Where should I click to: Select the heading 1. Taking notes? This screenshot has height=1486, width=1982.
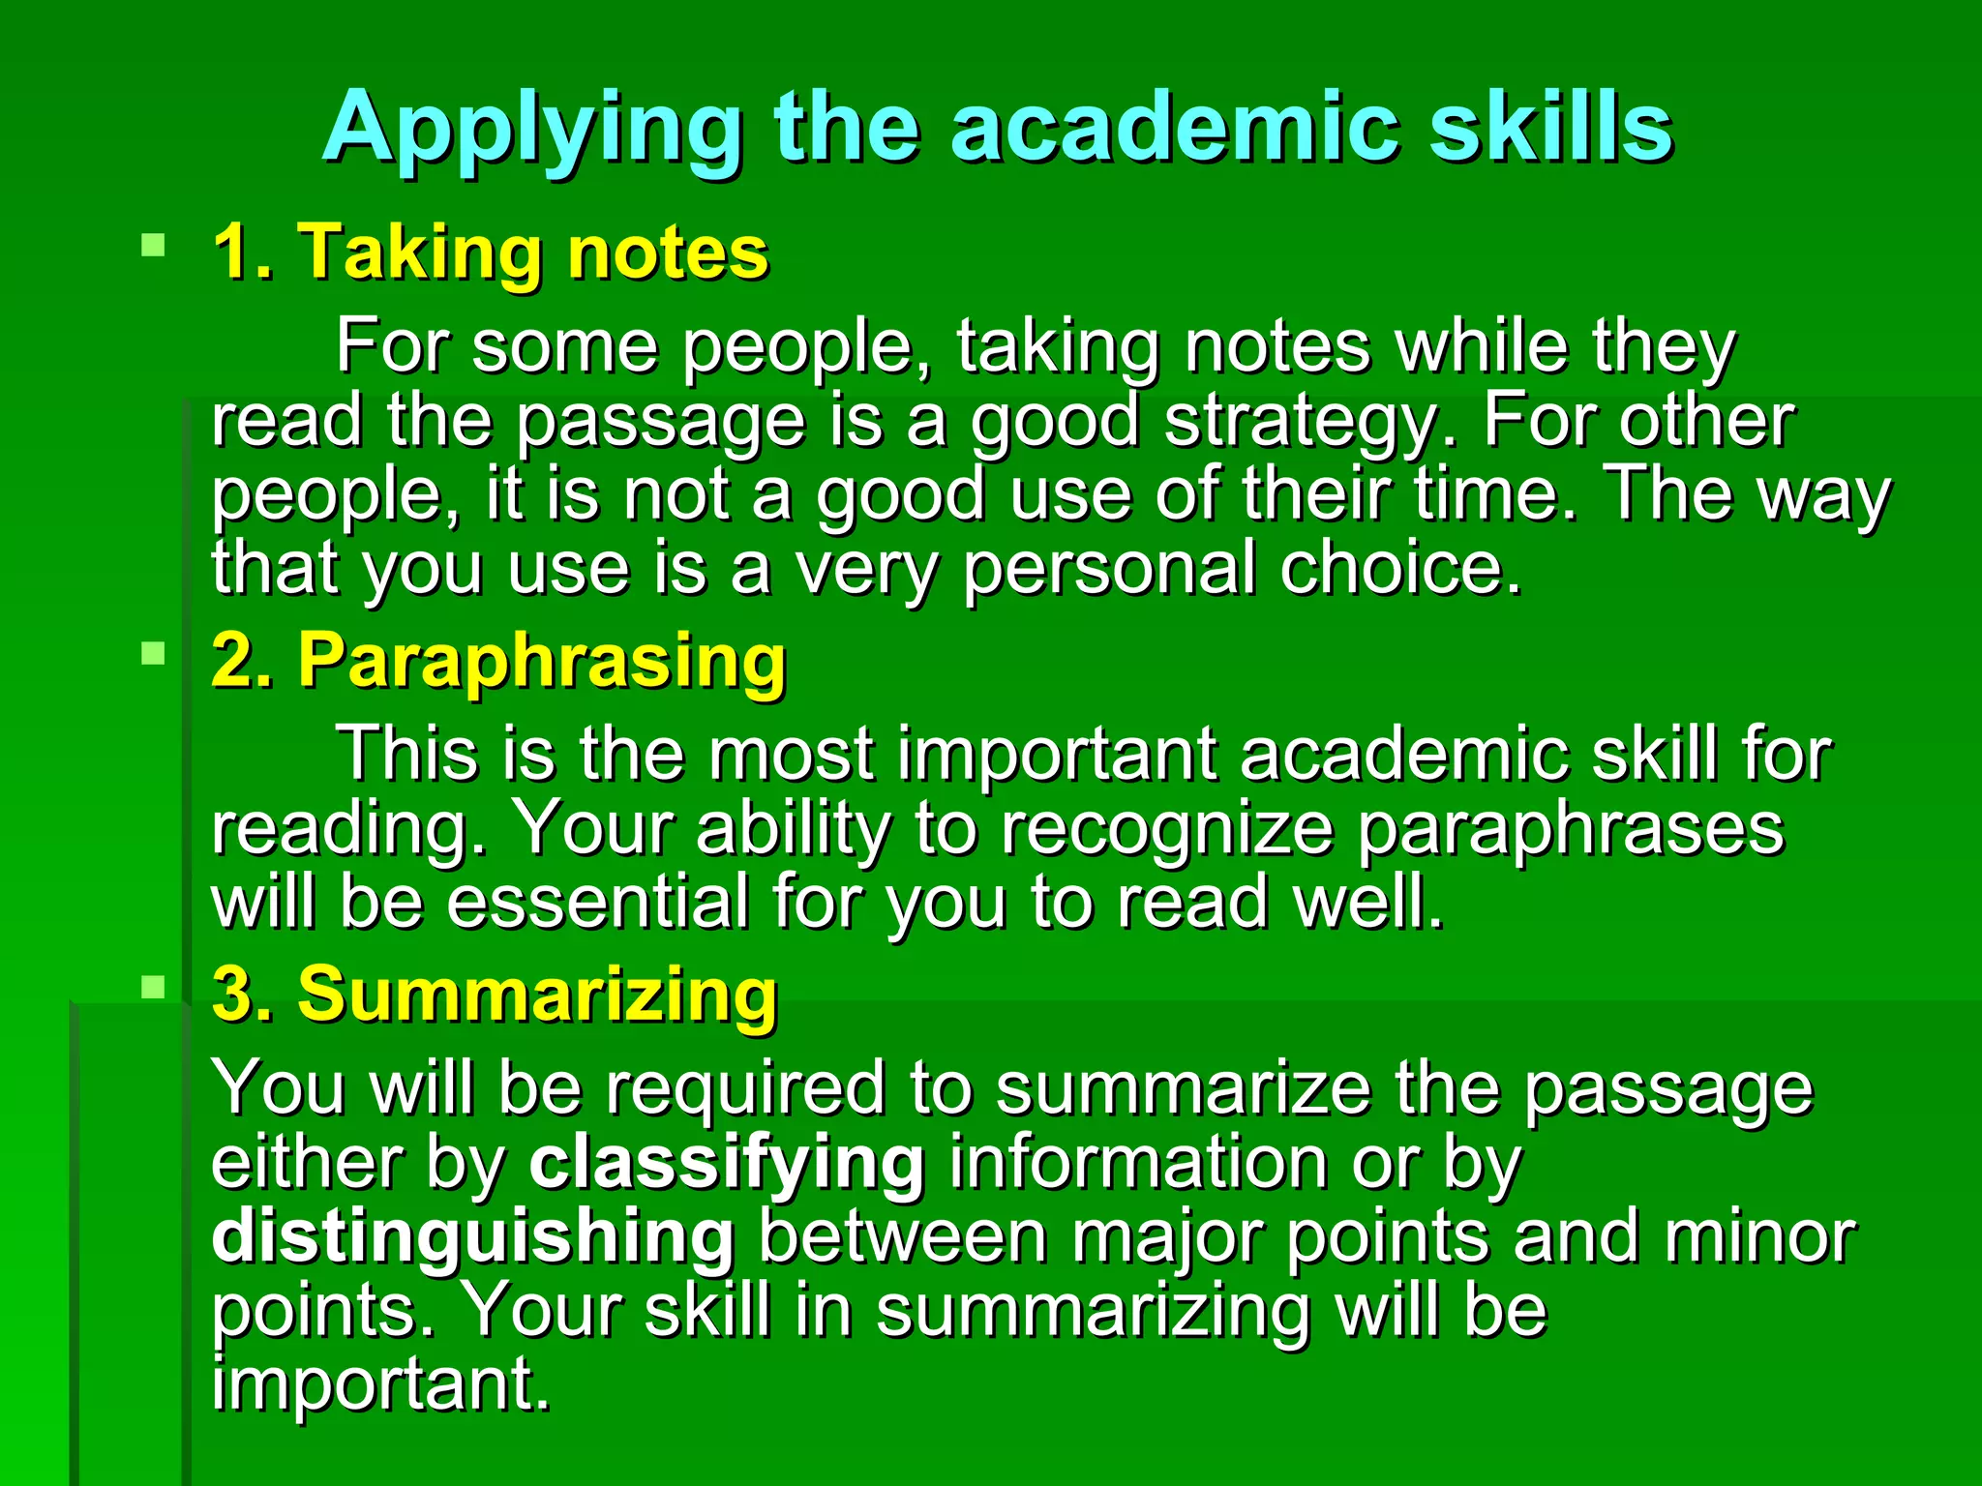pyautogui.click(x=490, y=253)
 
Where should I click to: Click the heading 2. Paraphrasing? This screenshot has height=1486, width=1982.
pyautogui.click(x=498, y=661)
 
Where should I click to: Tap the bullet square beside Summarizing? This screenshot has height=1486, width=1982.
pyautogui.click(x=153, y=987)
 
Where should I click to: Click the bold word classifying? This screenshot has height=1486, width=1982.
pyautogui.click(x=727, y=1163)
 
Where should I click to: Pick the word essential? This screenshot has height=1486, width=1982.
pyautogui.click(x=597, y=902)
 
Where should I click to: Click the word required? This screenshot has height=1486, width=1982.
pyautogui.click(x=745, y=1088)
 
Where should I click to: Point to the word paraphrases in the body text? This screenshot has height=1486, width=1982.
pyautogui.click(x=1569, y=829)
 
